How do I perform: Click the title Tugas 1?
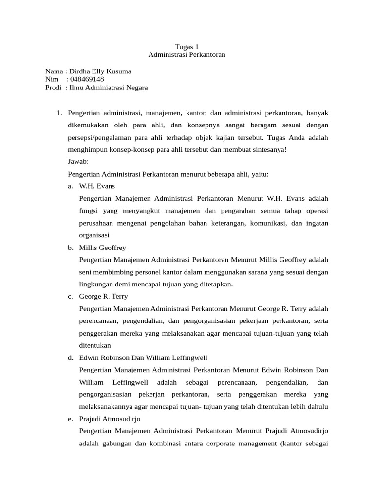187,47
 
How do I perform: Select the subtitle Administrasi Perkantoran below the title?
187,55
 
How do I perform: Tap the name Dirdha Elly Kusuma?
101,71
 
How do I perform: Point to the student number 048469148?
87,79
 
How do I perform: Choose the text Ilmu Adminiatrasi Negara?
109,88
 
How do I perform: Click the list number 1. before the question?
59,113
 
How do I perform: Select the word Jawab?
78,162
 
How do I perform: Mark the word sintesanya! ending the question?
269,150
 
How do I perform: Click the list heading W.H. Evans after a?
97,186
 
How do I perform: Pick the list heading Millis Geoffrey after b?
102,248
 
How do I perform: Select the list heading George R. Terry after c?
103,296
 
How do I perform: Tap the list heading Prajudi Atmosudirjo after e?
109,419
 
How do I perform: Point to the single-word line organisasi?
95,235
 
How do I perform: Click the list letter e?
71,419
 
